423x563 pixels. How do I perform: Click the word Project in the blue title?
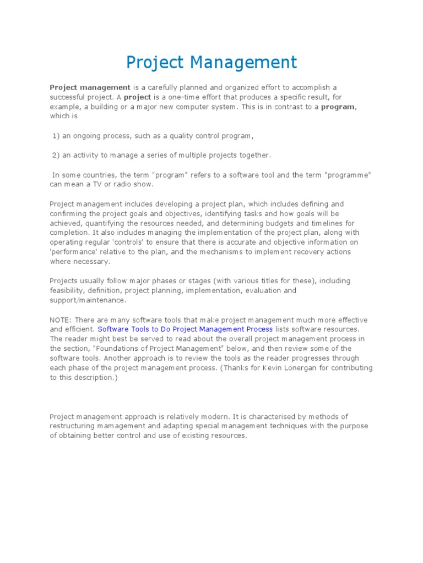pos(155,62)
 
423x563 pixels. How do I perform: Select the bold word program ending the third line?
pos(338,107)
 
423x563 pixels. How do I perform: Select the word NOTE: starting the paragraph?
pos(61,319)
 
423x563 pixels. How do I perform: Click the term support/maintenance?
pos(88,300)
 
